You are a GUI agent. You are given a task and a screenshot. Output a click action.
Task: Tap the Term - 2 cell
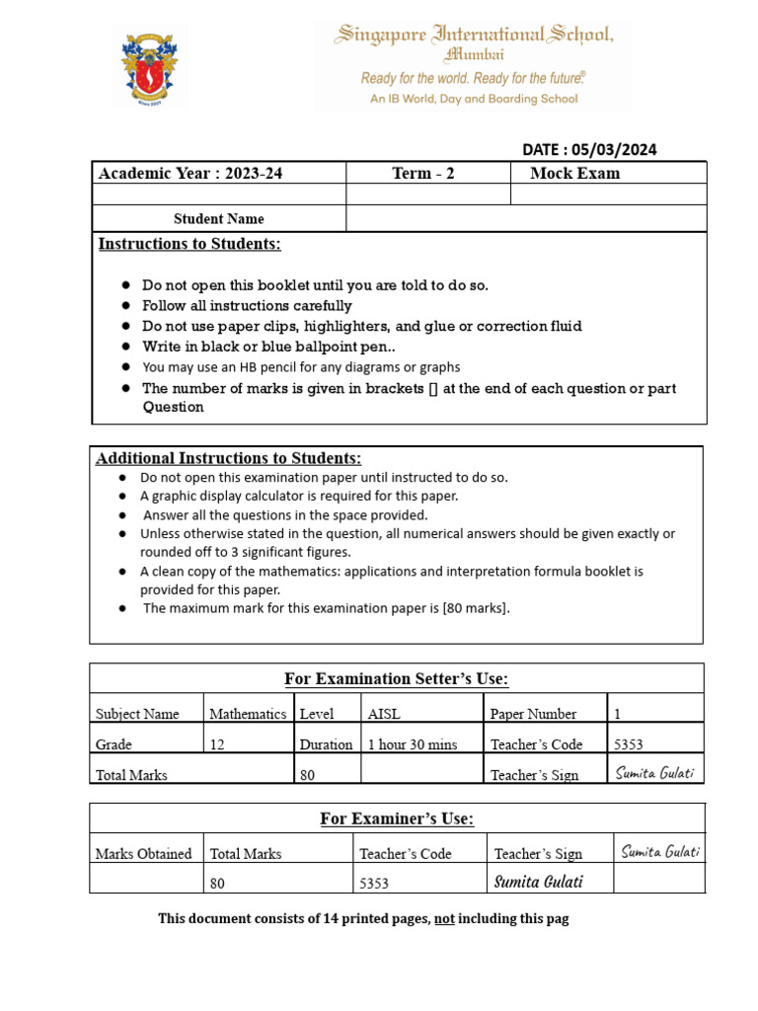point(423,174)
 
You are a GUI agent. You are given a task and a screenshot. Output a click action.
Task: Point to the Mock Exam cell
point(575,174)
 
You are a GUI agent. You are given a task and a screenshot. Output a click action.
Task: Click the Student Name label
point(218,219)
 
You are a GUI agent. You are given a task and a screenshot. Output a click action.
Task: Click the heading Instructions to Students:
point(189,244)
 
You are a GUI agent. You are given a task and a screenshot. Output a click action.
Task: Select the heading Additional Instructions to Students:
point(228,458)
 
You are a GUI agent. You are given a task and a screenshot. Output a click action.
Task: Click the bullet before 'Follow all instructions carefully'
point(126,306)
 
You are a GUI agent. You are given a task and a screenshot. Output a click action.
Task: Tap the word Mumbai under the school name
point(475,54)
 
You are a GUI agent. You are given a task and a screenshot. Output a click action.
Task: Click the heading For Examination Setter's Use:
point(396,678)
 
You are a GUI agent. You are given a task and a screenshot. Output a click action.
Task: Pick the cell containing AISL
point(384,714)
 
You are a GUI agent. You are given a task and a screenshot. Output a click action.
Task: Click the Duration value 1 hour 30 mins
point(412,744)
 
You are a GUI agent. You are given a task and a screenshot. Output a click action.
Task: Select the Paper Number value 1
point(618,714)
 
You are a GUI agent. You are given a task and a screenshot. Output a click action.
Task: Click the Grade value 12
point(217,744)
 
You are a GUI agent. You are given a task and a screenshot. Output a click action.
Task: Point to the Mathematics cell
point(248,714)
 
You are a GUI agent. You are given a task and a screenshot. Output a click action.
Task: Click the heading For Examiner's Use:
point(397,818)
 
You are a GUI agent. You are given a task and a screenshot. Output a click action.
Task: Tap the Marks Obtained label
point(143,854)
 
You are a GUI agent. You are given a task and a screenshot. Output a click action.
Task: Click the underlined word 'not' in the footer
point(444,919)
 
